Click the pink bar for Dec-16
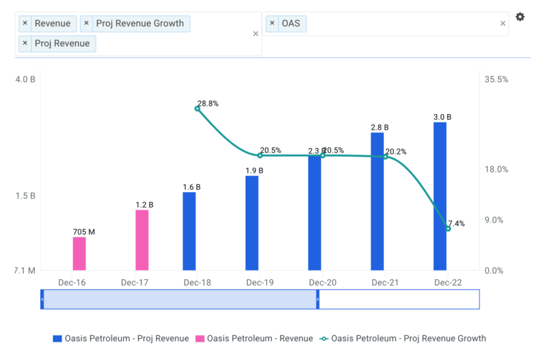click(79, 253)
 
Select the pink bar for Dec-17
click(142, 240)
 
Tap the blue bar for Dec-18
click(189, 231)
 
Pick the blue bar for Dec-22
click(440, 196)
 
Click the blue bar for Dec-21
click(377, 201)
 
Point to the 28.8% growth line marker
click(198, 108)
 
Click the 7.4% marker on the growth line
click(448, 228)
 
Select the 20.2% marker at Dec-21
click(385, 156)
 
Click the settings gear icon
click(520, 17)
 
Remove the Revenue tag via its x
click(25, 23)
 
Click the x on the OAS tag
click(272, 23)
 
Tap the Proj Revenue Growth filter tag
click(140, 23)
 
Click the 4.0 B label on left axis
click(25, 79)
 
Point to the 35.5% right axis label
click(496, 79)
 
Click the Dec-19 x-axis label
click(260, 282)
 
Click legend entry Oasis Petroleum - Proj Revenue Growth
click(408, 338)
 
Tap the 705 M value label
click(84, 232)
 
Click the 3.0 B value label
click(442, 117)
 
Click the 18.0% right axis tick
click(496, 169)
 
